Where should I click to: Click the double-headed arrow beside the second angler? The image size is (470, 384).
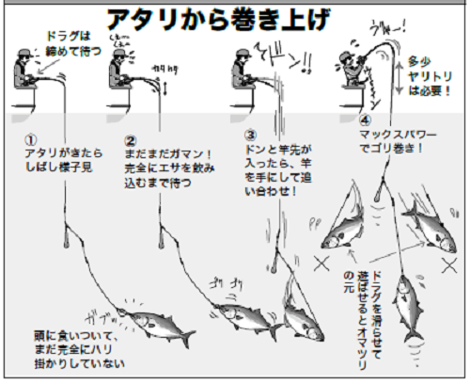166,93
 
